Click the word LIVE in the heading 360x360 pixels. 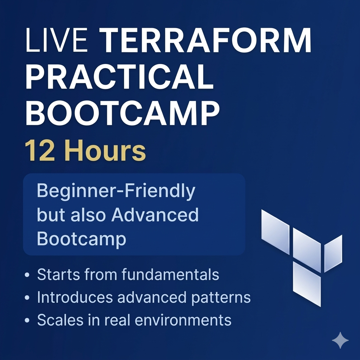(57, 40)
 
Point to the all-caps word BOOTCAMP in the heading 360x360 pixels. (123, 113)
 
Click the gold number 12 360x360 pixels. (40, 150)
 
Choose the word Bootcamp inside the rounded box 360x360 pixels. (82, 239)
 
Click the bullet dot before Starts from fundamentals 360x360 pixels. (27, 275)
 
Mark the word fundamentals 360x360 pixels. (170, 274)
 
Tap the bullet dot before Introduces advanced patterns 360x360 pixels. (27, 297)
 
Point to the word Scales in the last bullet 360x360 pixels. (60, 320)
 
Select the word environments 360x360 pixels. (183, 320)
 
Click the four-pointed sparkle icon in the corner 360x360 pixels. (340, 340)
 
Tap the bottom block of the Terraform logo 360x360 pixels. (307, 284)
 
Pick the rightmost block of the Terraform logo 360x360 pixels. (333, 253)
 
